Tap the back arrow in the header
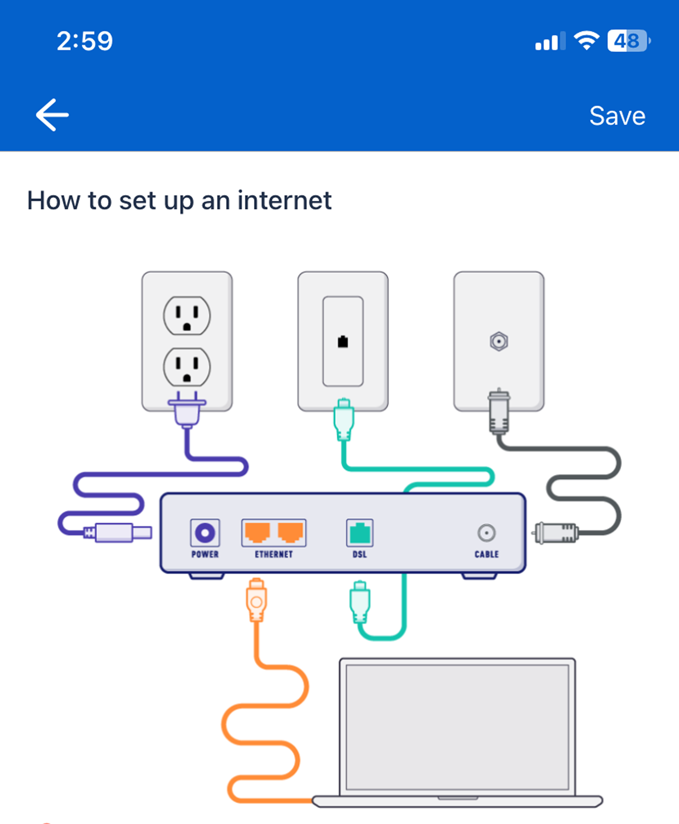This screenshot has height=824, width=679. pyautogui.click(x=52, y=115)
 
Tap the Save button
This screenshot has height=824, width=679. pyautogui.click(x=617, y=116)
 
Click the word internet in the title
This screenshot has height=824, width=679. pyautogui.click(x=284, y=201)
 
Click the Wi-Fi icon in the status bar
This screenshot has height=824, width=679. pyautogui.click(x=586, y=41)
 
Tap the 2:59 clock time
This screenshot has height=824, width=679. pyautogui.click(x=84, y=41)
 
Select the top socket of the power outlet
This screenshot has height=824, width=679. pyautogui.click(x=187, y=316)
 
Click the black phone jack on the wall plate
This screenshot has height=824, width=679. pyautogui.click(x=343, y=341)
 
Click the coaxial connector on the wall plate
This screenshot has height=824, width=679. pyautogui.click(x=499, y=341)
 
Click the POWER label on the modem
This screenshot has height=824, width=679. pyautogui.click(x=205, y=554)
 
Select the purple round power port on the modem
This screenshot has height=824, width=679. pyautogui.click(x=205, y=533)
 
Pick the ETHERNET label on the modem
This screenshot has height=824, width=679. pyautogui.click(x=274, y=554)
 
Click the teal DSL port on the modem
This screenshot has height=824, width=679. pyautogui.click(x=360, y=533)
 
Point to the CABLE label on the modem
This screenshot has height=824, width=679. pyautogui.click(x=487, y=554)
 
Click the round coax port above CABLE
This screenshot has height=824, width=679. pyautogui.click(x=487, y=533)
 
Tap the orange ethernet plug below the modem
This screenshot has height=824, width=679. pyautogui.click(x=257, y=600)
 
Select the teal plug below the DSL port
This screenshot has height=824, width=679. pyautogui.click(x=360, y=602)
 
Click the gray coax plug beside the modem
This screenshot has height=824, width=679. pyautogui.click(x=557, y=533)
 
